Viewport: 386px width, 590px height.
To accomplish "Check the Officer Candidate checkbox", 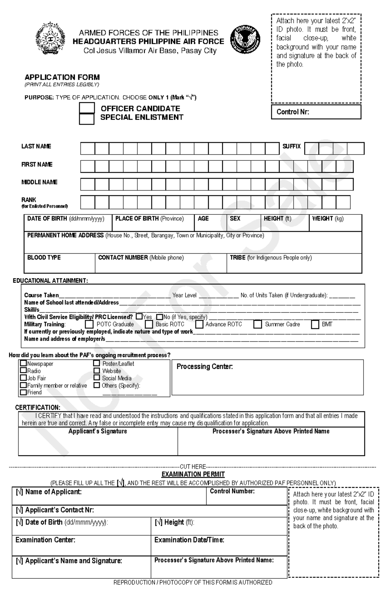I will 87,108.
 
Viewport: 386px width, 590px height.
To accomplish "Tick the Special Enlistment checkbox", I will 87,119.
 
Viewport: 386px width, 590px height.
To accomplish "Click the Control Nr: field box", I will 316,112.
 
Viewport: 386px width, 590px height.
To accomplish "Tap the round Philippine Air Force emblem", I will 245,40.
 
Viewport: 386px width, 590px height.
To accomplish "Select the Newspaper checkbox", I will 23,363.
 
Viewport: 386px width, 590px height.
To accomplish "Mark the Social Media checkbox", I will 96,378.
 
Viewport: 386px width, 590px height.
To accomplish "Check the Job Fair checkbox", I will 23,378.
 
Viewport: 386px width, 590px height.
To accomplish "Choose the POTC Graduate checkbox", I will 90,324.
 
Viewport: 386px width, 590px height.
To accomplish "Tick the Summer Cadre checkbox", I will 257,324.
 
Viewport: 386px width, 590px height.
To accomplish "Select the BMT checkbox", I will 315,324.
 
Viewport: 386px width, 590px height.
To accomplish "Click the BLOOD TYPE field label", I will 44,258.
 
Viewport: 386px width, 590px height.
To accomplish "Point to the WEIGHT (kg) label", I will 328,219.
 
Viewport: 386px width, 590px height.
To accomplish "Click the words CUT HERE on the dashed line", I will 193,466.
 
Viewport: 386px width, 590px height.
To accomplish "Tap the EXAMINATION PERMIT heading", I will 193,474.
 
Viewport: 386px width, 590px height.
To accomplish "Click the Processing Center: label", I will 205,367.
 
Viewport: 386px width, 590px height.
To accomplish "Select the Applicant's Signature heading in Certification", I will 98,431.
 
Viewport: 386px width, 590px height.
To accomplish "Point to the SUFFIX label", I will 291,146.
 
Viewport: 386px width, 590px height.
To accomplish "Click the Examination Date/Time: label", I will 189,540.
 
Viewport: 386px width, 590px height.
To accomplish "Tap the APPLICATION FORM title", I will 62,77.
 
